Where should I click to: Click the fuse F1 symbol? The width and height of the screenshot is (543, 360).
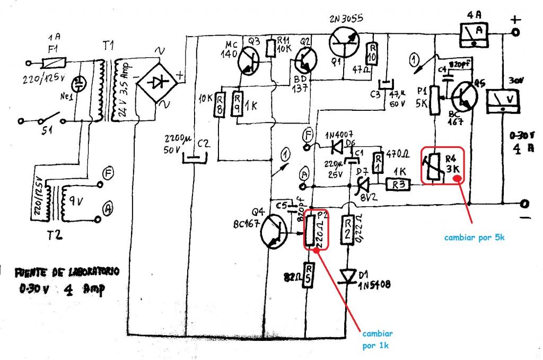(x=54, y=63)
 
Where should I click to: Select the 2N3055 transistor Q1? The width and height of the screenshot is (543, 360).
(x=344, y=42)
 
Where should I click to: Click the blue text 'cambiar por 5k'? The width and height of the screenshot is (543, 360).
(x=474, y=238)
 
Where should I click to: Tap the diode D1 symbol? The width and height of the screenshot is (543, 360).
(x=349, y=275)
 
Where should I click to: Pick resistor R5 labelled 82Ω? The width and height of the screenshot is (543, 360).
(x=308, y=275)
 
